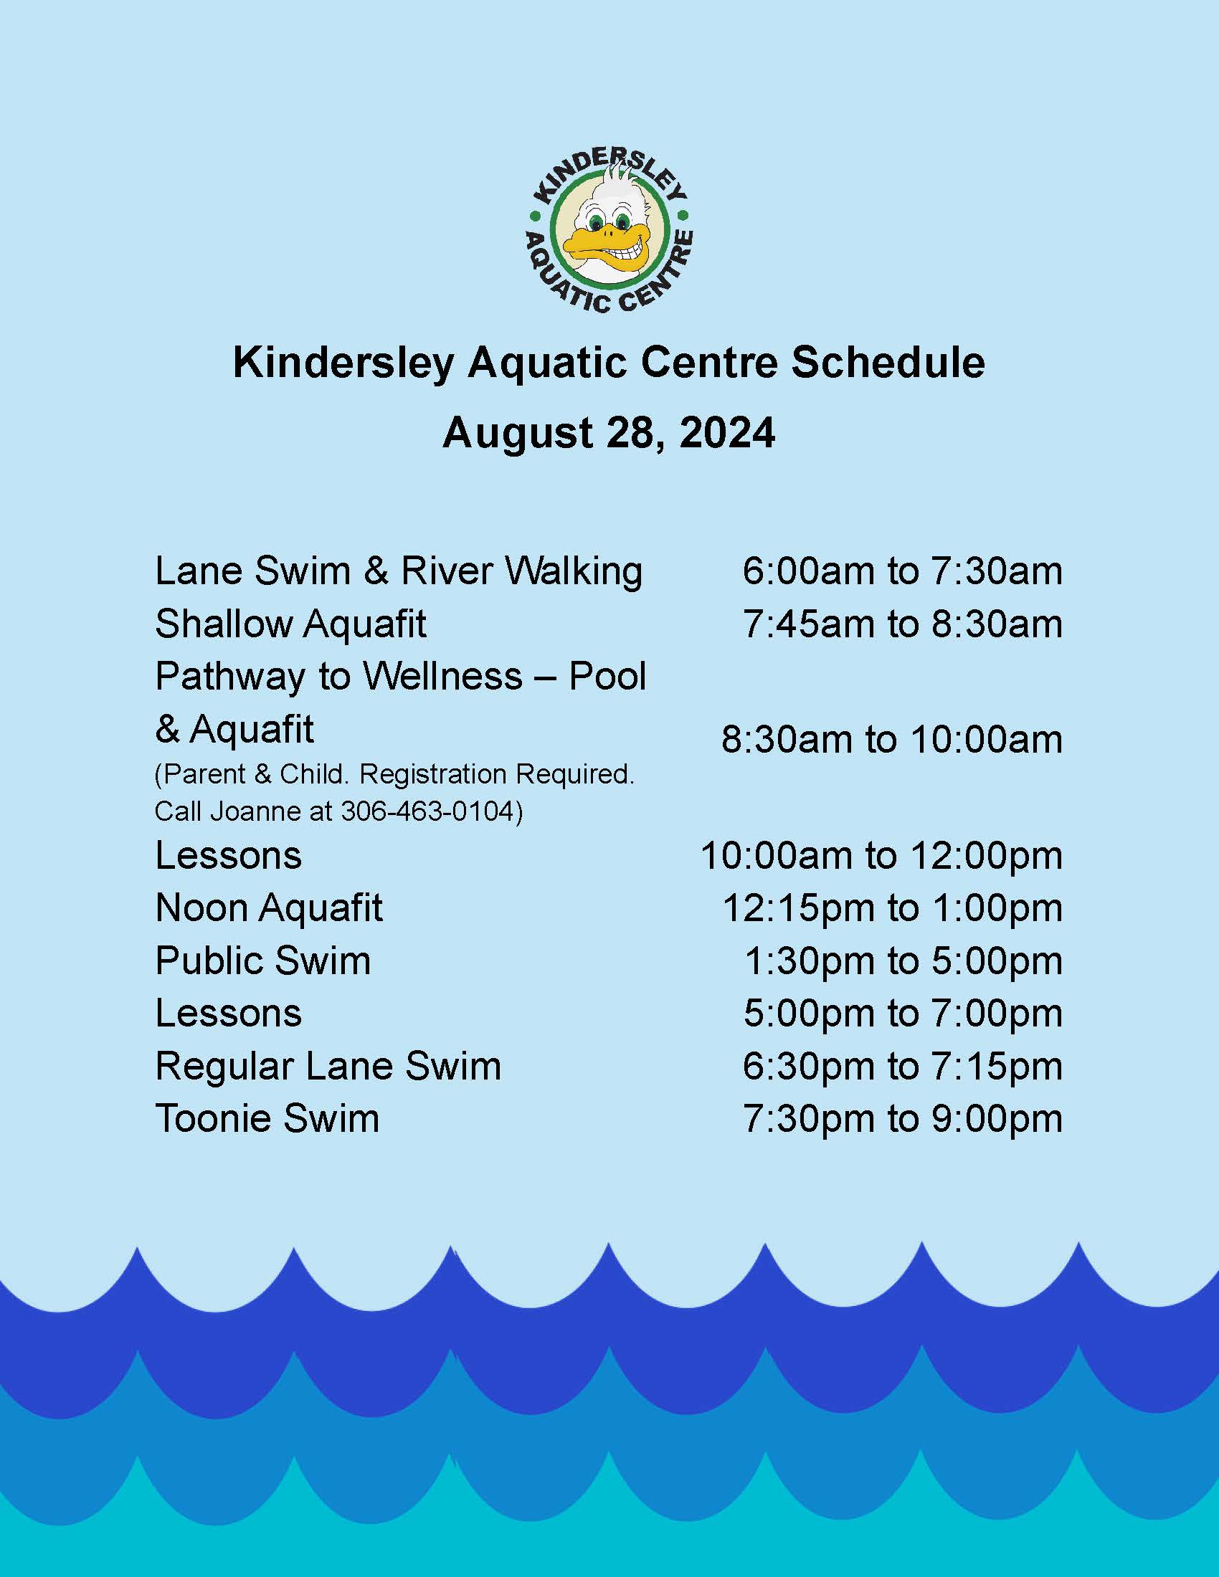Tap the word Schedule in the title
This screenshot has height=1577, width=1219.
(x=888, y=363)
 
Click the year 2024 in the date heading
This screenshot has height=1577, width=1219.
(x=727, y=433)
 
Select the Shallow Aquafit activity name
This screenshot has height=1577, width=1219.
(x=291, y=624)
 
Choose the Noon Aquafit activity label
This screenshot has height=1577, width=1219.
(x=270, y=908)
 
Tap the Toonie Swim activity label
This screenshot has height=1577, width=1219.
(x=267, y=1118)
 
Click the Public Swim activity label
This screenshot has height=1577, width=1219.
(x=263, y=961)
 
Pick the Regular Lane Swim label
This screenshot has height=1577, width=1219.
(x=328, y=1067)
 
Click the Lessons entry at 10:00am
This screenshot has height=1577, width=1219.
(x=228, y=856)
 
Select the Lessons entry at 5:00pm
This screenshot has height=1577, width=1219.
(x=228, y=1014)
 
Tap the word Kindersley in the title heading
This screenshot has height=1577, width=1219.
(x=343, y=363)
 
